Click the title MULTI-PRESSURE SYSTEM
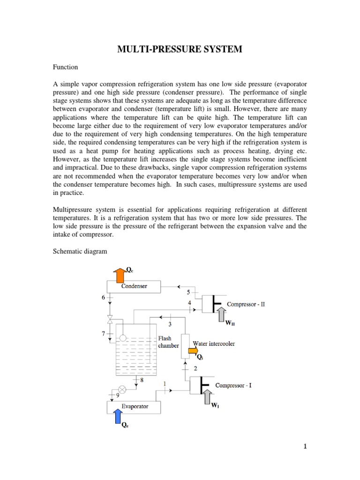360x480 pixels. [180, 49]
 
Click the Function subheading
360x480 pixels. [65, 67]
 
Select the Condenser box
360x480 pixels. [134, 286]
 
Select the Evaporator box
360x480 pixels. [134, 406]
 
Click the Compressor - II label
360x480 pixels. [246, 304]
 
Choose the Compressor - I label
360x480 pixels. [233, 385]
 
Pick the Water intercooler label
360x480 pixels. [214, 344]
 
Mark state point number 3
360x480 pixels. [170, 324]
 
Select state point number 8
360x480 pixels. [141, 380]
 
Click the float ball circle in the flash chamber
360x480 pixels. [123, 337]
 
